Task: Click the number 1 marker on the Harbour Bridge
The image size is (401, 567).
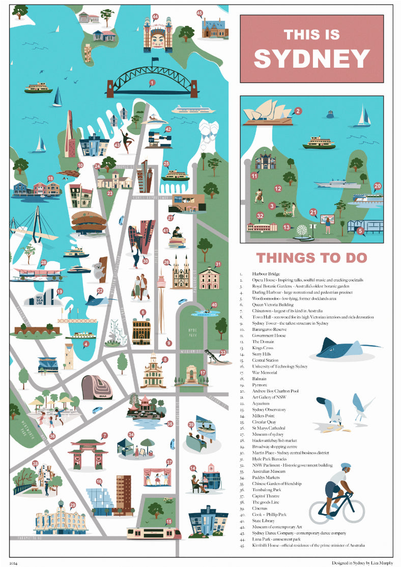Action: tap(152, 82)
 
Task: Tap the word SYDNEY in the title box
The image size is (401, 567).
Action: tap(311, 58)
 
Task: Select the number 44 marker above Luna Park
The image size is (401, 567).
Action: tap(155, 17)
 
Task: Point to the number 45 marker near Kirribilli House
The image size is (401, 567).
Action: tap(199, 13)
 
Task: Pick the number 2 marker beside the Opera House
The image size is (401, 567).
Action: tap(298, 110)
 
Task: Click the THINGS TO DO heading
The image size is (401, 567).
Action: tap(311, 258)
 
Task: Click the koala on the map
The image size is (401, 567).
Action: tap(99, 270)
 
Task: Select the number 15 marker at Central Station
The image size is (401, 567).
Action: tap(168, 522)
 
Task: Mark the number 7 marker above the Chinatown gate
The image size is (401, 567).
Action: tap(104, 435)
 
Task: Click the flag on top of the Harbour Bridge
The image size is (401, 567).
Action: tap(154, 61)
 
